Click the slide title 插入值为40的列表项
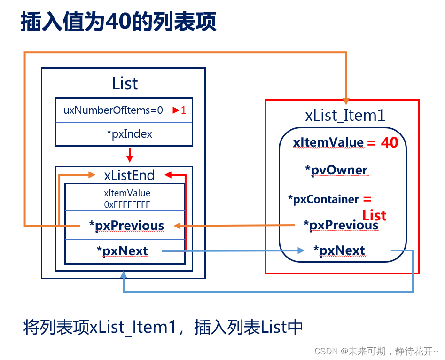118,22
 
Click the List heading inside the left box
125,84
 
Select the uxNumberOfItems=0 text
113,111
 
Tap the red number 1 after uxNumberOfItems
184,111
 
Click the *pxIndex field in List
130,134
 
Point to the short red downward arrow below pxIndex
130,156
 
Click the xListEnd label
129,175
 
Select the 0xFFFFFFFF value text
127,204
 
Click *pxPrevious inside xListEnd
127,226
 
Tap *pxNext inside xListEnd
123,251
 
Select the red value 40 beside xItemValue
389,142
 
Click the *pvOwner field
336,170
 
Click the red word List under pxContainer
374,215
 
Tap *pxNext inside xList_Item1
339,250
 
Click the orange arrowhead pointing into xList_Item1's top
346,100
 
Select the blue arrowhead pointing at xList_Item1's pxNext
301,251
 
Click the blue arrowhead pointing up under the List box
124,274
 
